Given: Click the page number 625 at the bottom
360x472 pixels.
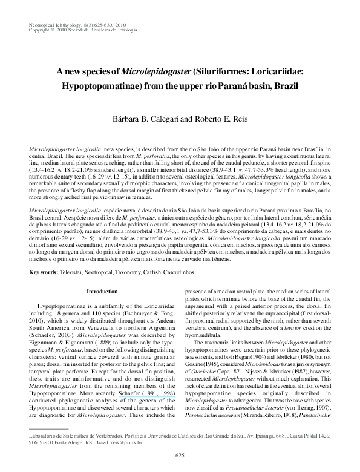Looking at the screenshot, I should [180, 454].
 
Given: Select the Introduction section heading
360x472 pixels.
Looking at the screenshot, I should [102, 292].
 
